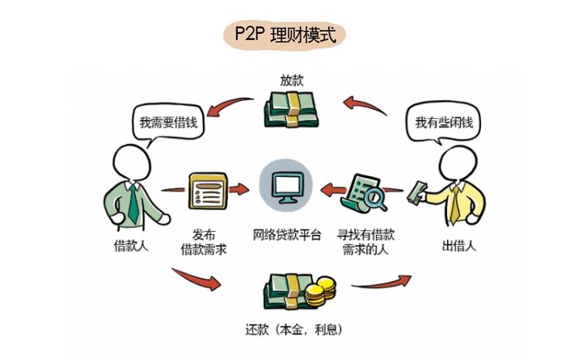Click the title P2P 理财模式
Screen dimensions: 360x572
(x=285, y=36)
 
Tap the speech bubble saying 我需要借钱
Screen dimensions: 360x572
(x=164, y=122)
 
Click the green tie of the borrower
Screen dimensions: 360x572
(x=134, y=202)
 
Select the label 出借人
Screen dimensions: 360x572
(x=459, y=247)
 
